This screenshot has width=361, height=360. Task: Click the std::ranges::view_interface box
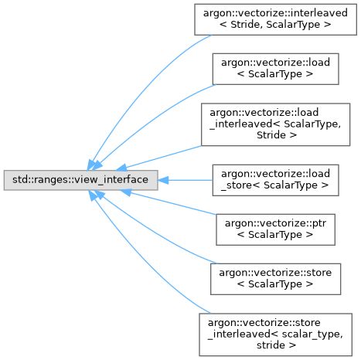tap(80, 180)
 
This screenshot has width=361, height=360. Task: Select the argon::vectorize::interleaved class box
tap(275, 19)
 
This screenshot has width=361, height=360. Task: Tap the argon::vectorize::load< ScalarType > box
tap(275, 69)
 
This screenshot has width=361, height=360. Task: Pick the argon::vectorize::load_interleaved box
tap(275, 124)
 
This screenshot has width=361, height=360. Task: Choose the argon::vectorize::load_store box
tap(275, 180)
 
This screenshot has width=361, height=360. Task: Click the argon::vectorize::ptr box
tap(275, 229)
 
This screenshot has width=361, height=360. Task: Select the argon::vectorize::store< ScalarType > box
tap(275, 279)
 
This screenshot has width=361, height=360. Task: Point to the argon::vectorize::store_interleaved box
tap(275, 335)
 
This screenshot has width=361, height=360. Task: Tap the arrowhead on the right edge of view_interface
tap(163, 180)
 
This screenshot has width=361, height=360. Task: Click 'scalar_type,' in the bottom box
tap(312, 334)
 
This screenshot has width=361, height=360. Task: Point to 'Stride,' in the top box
tap(247, 25)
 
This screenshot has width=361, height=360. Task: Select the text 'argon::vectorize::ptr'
tap(275, 223)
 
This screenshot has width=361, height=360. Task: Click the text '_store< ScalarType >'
tap(274, 185)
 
